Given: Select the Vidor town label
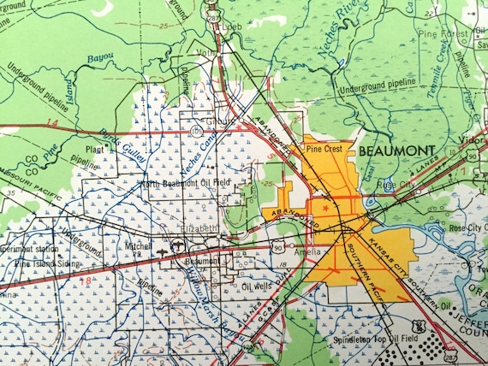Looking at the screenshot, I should pyautogui.click(x=473, y=137).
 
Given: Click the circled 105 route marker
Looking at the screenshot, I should pyautogui.click(x=198, y=132).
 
